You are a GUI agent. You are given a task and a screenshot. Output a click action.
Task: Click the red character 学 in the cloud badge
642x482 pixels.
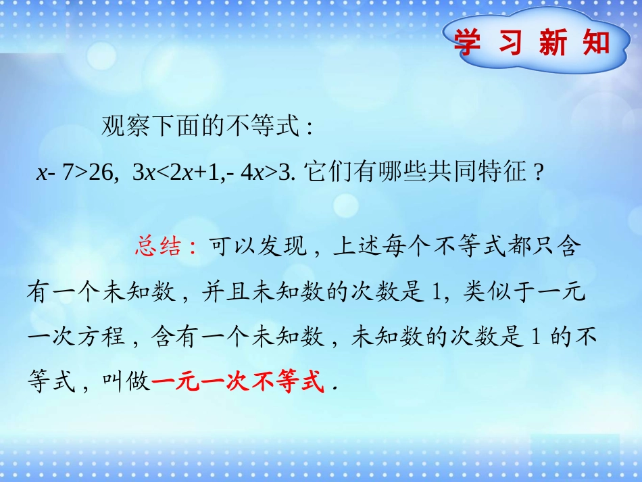coord(468,43)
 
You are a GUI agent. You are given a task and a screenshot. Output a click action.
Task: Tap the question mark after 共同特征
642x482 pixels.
coord(538,174)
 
